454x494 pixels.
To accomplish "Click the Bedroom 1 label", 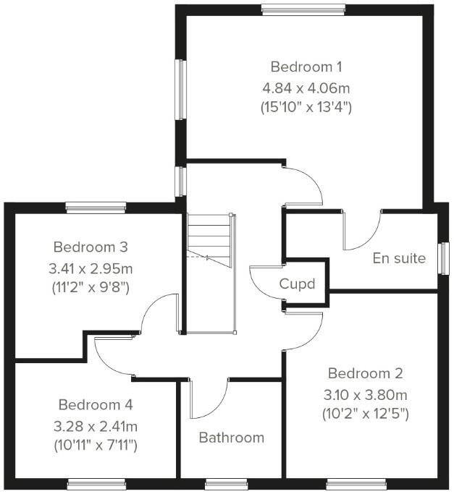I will [306, 67].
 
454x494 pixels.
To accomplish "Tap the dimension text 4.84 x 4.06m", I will [306, 88].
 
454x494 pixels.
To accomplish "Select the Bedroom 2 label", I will [366, 374].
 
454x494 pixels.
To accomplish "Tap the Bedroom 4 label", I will [96, 404].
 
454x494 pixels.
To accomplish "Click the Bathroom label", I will [232, 438].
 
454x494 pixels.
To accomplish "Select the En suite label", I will [400, 257].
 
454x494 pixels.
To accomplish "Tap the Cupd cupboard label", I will [298, 284].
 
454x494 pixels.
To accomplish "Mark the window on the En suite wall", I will [444, 258].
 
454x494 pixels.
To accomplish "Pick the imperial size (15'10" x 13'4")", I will [306, 107].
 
